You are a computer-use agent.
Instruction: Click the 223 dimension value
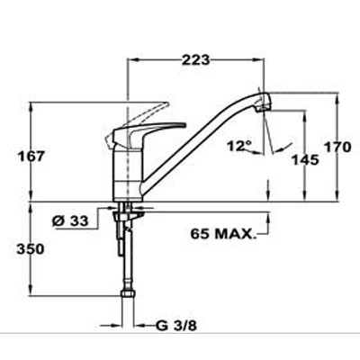click(x=196, y=60)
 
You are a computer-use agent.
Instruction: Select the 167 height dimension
click(x=31, y=157)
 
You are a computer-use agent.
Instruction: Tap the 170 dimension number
click(x=337, y=148)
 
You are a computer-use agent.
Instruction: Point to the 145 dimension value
click(x=305, y=160)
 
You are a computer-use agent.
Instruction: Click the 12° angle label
click(x=239, y=146)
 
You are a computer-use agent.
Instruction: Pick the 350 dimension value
click(x=31, y=249)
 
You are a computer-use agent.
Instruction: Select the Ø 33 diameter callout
click(x=70, y=221)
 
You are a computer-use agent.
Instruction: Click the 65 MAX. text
click(x=222, y=234)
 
